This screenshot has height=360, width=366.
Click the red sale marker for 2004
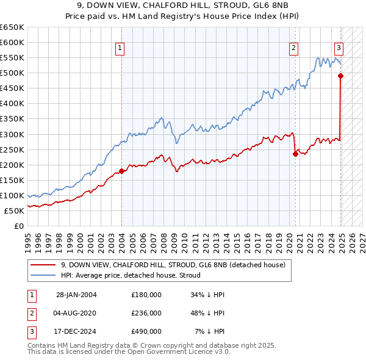(x=121, y=171)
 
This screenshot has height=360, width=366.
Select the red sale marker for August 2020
(x=295, y=154)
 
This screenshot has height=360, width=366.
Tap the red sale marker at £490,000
(x=340, y=76)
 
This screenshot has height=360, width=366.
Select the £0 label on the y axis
(x=18, y=226)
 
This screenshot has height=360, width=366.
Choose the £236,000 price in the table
(x=146, y=313)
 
